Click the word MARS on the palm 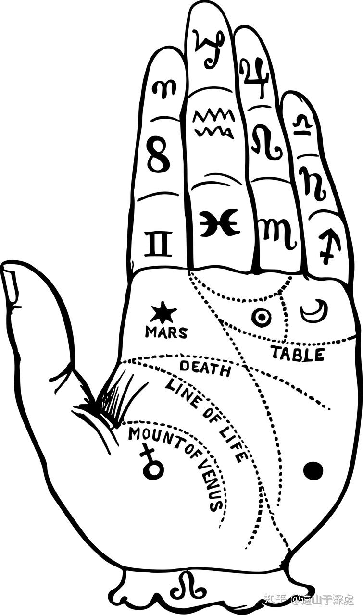(x=166, y=332)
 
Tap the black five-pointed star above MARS (x=163, y=313)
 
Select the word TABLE (x=297, y=354)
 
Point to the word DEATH (x=205, y=369)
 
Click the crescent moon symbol (x=314, y=311)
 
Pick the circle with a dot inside (x=262, y=318)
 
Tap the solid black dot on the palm (x=313, y=470)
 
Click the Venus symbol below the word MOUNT (x=152, y=463)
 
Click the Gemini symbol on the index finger (x=158, y=244)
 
